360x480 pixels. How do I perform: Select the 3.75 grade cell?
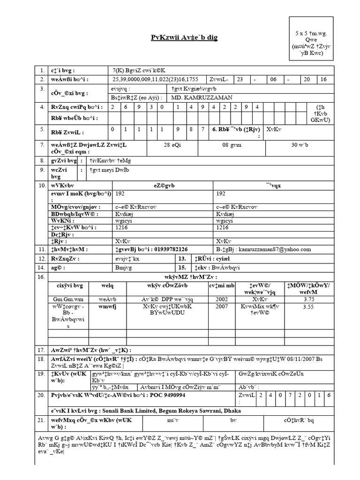pos(308,299)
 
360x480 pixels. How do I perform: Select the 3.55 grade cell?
pos(308,307)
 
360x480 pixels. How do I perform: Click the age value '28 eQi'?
pos(173,145)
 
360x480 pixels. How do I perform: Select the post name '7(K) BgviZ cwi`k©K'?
pos(135,69)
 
